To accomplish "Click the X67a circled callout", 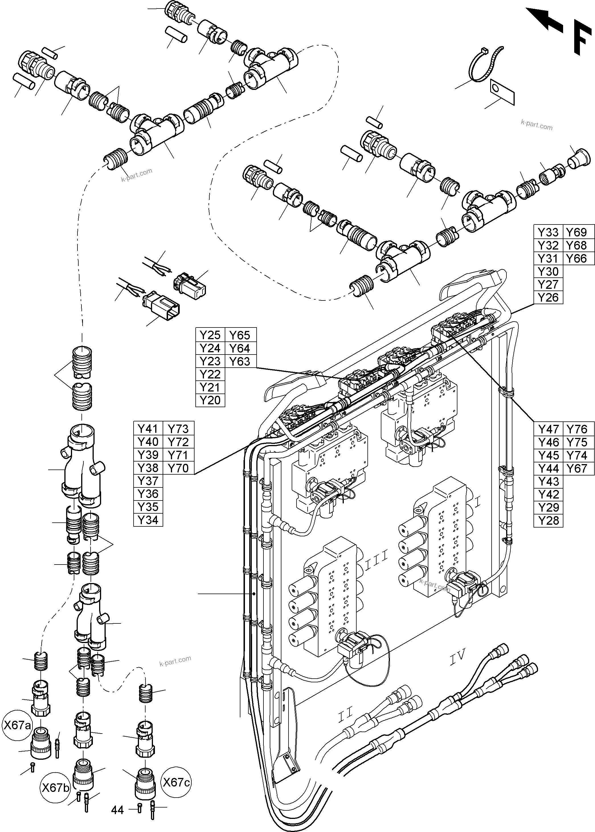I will [x=17, y=725].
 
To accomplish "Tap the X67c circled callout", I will [x=176, y=782].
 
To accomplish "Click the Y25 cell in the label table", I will [x=210, y=335].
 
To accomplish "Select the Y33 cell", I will [x=548, y=232].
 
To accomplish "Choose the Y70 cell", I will [x=178, y=468].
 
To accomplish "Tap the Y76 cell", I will [x=577, y=429].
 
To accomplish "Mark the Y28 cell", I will [x=548, y=520].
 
